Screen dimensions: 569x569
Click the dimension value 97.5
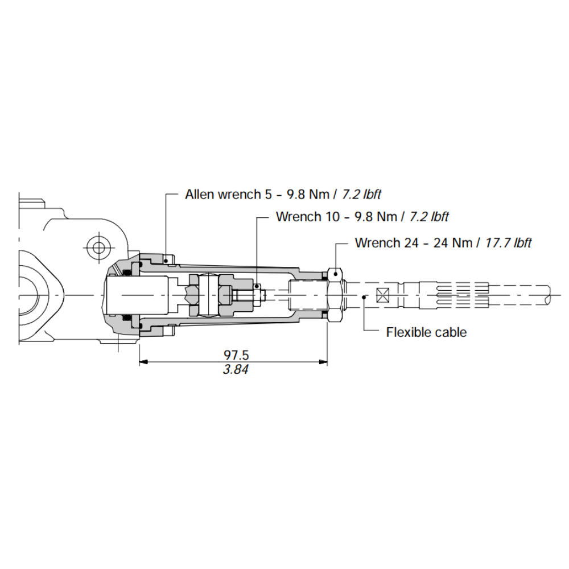(236, 355)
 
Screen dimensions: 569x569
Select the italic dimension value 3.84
(236, 369)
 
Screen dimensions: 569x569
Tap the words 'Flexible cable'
(426, 332)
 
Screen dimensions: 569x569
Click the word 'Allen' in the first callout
(199, 195)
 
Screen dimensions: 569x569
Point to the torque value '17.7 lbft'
(508, 243)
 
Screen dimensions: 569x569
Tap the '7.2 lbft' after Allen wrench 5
(361, 195)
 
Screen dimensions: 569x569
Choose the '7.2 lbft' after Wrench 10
(429, 217)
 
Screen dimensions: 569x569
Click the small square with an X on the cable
(382, 295)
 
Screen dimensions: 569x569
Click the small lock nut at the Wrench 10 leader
(259, 295)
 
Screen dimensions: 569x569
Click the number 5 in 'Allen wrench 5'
(268, 195)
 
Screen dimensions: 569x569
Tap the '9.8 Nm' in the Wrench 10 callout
(380, 217)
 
